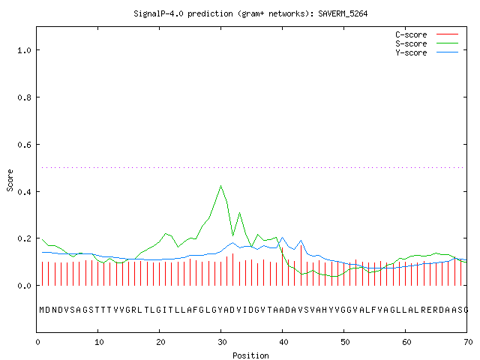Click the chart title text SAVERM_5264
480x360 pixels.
coord(343,13)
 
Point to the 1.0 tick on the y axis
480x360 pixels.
coord(24,50)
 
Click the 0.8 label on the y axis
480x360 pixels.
coord(24,97)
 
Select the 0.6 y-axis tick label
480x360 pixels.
coord(24,145)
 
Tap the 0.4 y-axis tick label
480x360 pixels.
coord(24,192)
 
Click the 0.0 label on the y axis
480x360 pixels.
coord(24,286)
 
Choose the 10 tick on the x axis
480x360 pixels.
coord(99,342)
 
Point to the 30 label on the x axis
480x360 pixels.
coord(222,342)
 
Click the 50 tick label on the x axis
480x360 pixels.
coord(345,342)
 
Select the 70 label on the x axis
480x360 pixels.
coord(468,342)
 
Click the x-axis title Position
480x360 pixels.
coord(250,355)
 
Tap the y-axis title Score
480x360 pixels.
coord(10,180)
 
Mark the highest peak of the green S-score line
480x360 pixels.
coord(220,185)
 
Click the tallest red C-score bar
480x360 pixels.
coord(301,265)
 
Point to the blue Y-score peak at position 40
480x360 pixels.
coord(282,237)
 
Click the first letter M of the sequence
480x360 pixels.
coord(42,310)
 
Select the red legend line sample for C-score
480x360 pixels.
coord(447,34)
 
